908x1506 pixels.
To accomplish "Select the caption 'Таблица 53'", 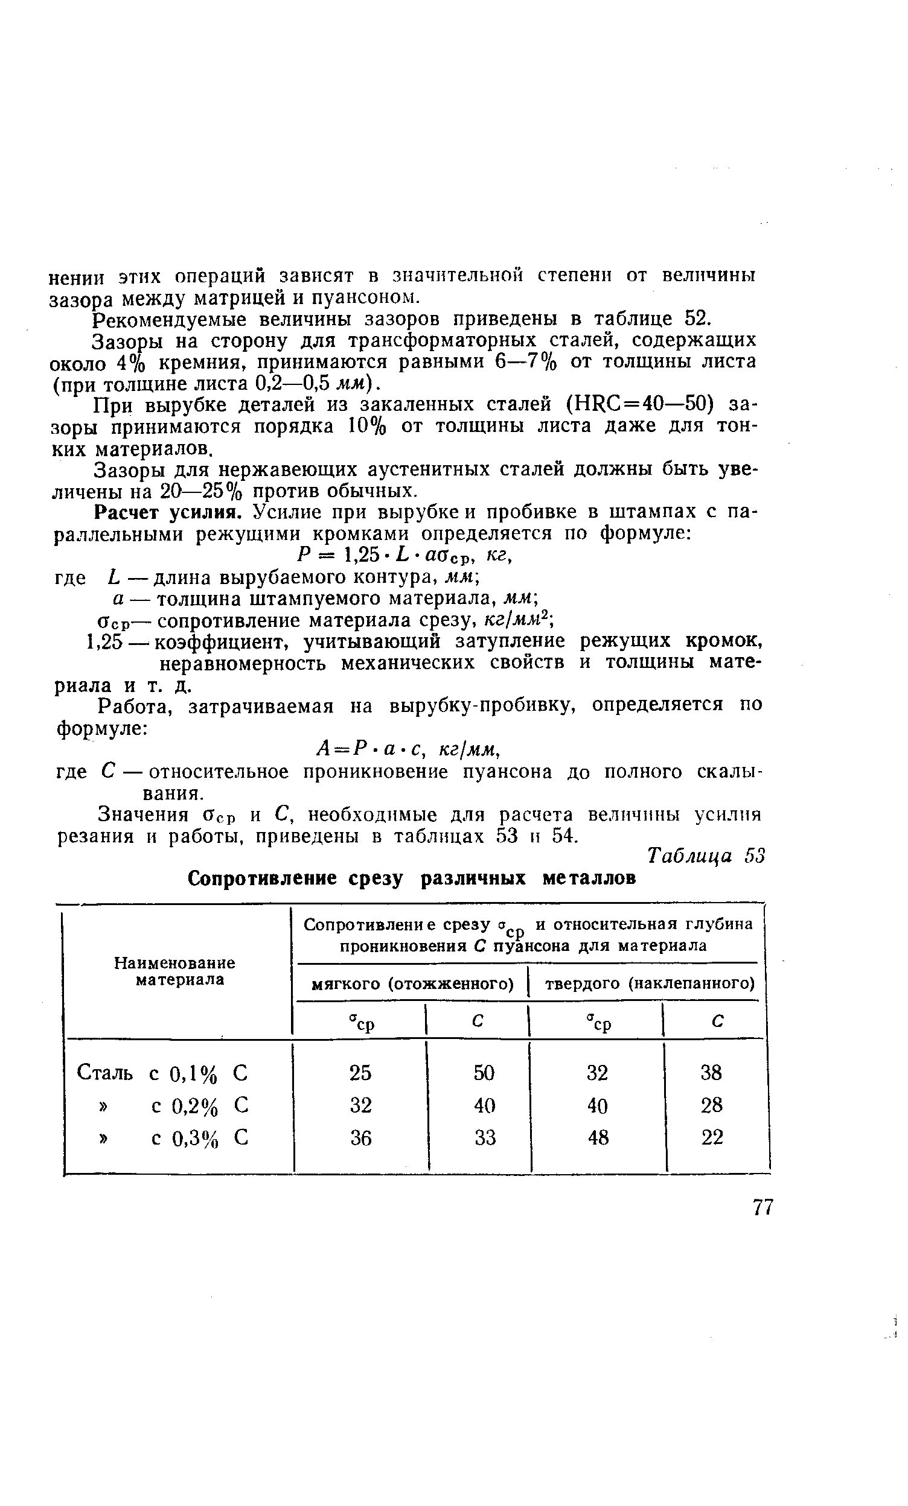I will click(x=706, y=856).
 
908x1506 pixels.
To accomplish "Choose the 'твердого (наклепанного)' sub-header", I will click(x=650, y=984).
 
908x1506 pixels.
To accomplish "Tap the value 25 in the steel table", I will click(x=360, y=1072).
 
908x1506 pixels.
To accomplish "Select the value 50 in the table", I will click(x=484, y=1072).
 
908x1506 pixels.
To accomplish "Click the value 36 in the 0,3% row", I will click(x=360, y=1138).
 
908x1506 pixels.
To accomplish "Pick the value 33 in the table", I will click(x=484, y=1138).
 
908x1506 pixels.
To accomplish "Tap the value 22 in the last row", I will click(x=712, y=1138).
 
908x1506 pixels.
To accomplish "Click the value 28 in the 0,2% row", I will click(x=712, y=1105).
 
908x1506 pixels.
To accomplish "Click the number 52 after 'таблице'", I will click(x=697, y=319).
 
